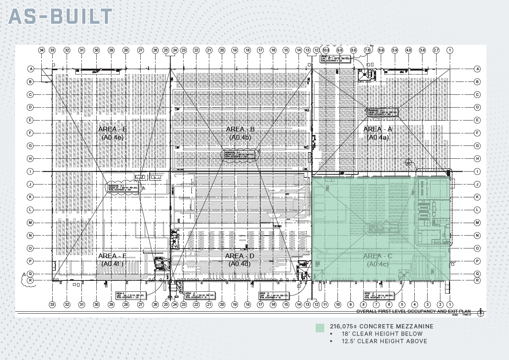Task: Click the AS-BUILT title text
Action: [x=60, y=16]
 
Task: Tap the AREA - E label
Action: [x=113, y=129]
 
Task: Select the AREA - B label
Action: [x=240, y=129]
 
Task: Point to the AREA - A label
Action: [x=378, y=129]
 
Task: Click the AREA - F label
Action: [x=112, y=256]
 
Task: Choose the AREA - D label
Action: [x=240, y=256]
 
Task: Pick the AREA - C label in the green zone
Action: [x=378, y=256]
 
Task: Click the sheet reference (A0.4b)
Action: [x=240, y=137]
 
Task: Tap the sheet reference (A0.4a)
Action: [x=378, y=137]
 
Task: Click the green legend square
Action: [x=320, y=328]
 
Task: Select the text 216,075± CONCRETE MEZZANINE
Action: [x=382, y=326]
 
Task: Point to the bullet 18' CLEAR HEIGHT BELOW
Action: [x=382, y=334]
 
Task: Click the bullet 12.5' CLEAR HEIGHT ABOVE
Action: [x=384, y=341]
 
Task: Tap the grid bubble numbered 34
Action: [x=42, y=50]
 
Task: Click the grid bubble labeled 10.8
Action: [x=326, y=50]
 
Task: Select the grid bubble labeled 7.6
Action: [x=367, y=50]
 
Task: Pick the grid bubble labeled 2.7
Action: [x=436, y=50]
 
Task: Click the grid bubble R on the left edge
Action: [x=31, y=280]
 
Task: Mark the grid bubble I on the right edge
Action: [x=477, y=171]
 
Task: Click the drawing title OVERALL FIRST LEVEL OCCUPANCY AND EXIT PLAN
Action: [x=413, y=311]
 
